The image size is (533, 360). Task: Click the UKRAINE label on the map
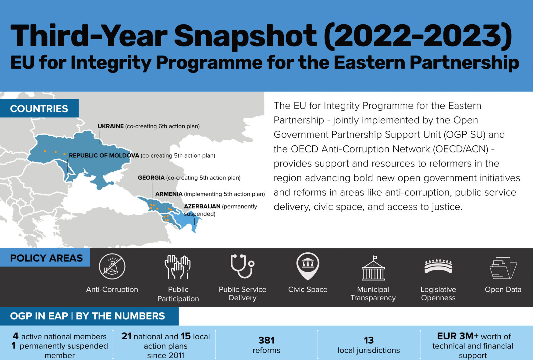(111, 126)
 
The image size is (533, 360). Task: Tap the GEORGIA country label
(151, 178)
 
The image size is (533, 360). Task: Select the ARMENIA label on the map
(169, 194)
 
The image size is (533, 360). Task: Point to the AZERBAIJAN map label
(202, 206)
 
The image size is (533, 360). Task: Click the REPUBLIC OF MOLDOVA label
(104, 155)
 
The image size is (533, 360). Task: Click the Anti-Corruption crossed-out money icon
(112, 266)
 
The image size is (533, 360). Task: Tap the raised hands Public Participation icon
(178, 267)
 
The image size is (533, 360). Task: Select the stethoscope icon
(242, 266)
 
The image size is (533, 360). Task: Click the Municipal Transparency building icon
(373, 268)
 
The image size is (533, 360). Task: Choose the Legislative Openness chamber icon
(438, 266)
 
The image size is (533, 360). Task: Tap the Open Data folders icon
(503, 268)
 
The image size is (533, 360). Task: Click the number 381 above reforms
(266, 340)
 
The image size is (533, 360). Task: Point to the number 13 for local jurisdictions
(368, 340)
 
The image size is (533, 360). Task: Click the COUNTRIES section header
(39, 109)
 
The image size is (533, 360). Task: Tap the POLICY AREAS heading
(46, 258)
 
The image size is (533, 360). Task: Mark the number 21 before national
(126, 336)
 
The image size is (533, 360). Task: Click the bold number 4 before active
(16, 336)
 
